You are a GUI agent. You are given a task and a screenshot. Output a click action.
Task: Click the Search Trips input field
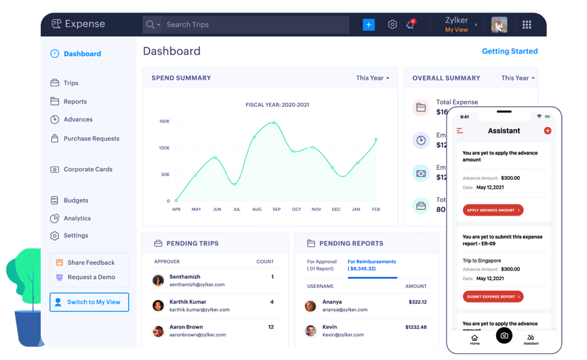[254, 25]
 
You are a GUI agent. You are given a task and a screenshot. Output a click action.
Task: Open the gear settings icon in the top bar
[393, 24]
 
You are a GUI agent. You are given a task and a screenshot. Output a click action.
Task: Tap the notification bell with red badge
[410, 24]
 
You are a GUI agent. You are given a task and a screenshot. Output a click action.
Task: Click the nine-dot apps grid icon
[527, 25]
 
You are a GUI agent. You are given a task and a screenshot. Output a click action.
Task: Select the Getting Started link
[509, 51]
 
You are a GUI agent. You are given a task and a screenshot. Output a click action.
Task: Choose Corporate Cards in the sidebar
[88, 169]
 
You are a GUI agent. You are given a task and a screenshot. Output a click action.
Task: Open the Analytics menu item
[77, 218]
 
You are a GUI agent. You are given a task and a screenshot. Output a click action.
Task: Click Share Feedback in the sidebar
[90, 262]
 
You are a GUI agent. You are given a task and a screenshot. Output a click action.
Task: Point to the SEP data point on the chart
[273, 123]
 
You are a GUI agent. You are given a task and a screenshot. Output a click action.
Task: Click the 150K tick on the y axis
[164, 121]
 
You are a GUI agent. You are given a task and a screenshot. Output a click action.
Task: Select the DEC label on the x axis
[336, 209]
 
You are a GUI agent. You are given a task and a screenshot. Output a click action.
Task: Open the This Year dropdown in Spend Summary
[373, 78]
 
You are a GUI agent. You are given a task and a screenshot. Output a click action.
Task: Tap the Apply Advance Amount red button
[493, 210]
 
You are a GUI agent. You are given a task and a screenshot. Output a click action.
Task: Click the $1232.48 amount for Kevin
[416, 327]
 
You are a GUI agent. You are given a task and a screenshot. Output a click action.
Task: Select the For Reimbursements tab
[372, 265]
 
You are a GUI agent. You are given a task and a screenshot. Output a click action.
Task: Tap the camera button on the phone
[504, 336]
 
